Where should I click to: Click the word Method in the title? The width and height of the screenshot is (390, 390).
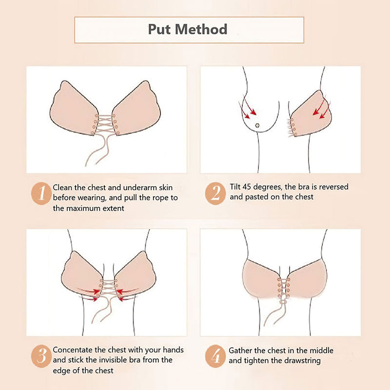coord(201,29)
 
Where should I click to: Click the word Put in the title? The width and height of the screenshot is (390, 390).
coord(159,29)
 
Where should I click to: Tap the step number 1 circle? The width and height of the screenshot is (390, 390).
coord(41,193)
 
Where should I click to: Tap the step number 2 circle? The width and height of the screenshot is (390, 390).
coord(215,193)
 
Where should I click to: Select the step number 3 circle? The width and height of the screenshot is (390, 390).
coord(41,356)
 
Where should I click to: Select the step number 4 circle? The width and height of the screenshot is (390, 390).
coord(215,356)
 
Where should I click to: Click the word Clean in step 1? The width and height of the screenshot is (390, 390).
coord(63,187)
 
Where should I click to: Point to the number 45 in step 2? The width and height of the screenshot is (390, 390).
coord(247,187)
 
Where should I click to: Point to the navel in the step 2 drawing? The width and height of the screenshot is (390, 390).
coord(257,125)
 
